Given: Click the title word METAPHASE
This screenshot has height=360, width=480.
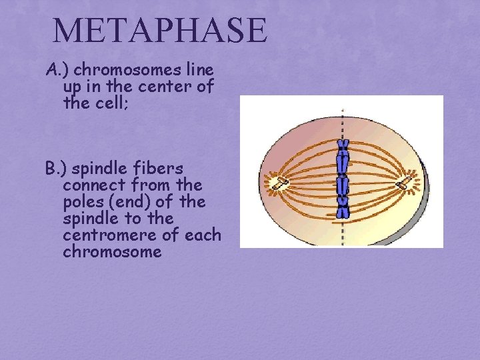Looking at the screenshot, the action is (159, 31).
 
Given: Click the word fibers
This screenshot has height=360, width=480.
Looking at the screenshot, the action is (164, 169).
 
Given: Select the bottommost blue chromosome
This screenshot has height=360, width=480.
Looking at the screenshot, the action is (343, 208).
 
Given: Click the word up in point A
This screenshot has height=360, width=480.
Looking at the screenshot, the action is (73, 87).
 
